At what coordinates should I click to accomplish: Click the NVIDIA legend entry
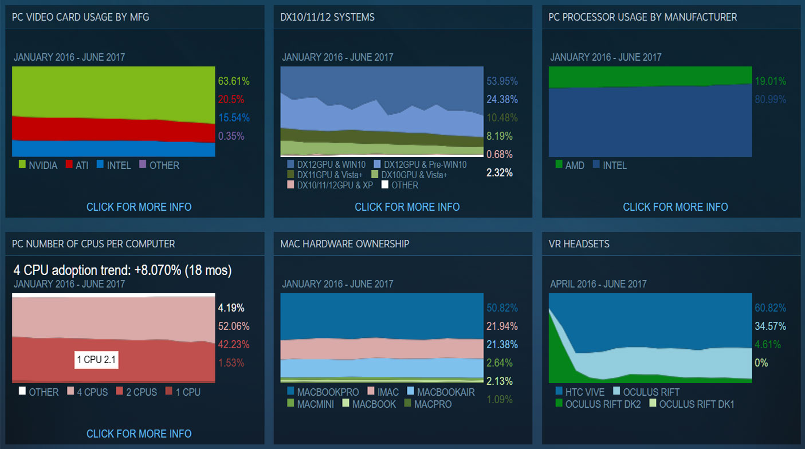38,166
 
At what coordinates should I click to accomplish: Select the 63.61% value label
234,81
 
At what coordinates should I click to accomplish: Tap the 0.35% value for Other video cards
231,136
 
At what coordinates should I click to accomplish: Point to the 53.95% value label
502,81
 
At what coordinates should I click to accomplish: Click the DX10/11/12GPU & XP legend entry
329,185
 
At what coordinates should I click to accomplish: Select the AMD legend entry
570,166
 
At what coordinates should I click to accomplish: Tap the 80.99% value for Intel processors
770,99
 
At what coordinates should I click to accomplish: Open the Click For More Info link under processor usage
676,207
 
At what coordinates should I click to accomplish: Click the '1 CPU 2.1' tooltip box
96,360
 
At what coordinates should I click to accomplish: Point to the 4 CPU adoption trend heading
123,270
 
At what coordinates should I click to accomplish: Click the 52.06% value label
231,326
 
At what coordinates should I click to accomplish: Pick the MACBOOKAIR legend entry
440,392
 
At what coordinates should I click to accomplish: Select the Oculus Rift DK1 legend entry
691,404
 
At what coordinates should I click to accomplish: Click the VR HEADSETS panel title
579,244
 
